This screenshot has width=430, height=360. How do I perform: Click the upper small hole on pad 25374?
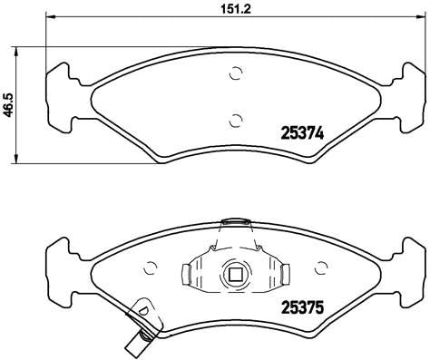pos(236,74)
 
